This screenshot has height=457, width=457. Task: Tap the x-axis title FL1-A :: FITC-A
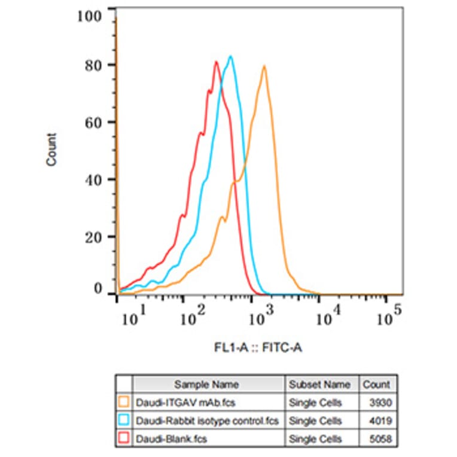coord(258,347)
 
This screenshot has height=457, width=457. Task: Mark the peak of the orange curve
coord(263,66)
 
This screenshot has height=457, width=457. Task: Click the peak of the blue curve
coord(230,57)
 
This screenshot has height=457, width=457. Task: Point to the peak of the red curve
coord(216,62)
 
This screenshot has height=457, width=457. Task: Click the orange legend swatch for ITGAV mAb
coord(124,403)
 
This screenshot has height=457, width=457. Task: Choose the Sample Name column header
coord(206,385)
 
